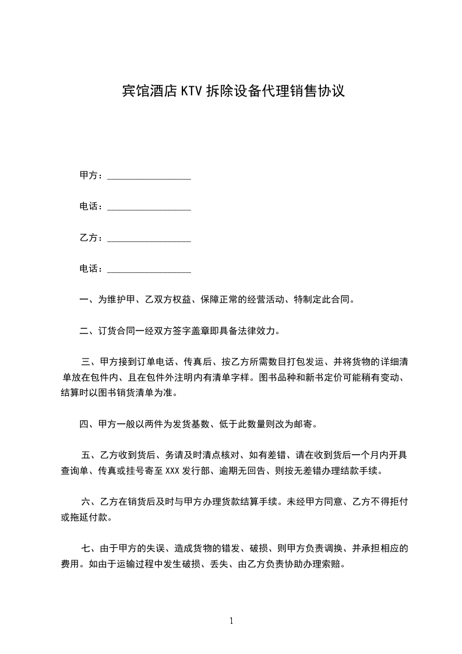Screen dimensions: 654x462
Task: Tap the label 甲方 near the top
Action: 89,175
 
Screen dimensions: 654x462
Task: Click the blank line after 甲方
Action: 150,177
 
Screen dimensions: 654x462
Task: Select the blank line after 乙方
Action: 150,239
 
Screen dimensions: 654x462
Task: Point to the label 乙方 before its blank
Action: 89,238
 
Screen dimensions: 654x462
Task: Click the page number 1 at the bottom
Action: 231,621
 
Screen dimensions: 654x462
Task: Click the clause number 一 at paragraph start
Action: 84,300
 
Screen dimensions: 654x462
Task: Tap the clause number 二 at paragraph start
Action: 84,332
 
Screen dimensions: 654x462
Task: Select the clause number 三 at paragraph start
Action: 86,363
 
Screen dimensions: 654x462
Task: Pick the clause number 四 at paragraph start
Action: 84,424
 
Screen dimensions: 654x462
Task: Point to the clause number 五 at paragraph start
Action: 86,455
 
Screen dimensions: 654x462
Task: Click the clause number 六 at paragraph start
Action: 86,501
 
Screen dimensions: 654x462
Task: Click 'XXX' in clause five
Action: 172,470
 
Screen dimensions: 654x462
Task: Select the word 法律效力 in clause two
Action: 260,332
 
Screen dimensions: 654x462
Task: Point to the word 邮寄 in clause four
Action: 308,424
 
